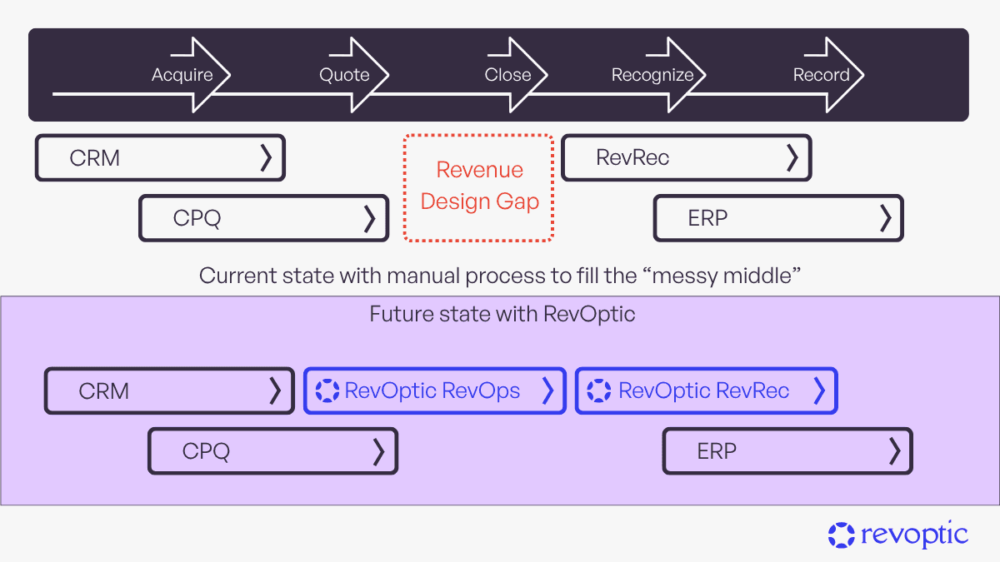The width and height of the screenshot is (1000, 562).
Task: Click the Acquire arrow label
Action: tap(182, 75)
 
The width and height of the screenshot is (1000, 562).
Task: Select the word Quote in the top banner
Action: tap(344, 75)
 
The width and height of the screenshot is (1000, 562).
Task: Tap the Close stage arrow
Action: tap(507, 75)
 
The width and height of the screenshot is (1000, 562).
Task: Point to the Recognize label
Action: tap(652, 75)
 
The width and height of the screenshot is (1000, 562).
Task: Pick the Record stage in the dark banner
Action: tap(821, 75)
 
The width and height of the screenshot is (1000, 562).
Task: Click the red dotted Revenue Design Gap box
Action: tap(479, 187)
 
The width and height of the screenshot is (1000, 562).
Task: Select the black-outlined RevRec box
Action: tap(686, 158)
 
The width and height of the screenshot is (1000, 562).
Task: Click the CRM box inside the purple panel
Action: tap(169, 391)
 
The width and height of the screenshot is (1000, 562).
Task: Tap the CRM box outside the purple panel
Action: tap(160, 158)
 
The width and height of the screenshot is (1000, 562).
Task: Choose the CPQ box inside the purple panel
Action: tap(272, 451)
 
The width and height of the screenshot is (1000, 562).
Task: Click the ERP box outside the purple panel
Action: tap(777, 218)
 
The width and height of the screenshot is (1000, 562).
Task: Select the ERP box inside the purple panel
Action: tap(787, 451)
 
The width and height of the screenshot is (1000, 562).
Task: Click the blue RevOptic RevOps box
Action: tap(434, 391)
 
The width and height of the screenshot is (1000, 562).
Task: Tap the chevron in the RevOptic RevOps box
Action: tap(547, 390)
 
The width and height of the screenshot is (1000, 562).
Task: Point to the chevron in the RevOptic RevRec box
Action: tap(819, 390)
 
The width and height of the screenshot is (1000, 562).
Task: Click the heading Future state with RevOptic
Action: tap(502, 315)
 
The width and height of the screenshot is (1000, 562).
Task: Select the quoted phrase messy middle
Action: tap(727, 276)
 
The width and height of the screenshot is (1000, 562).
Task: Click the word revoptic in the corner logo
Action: tap(914, 535)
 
